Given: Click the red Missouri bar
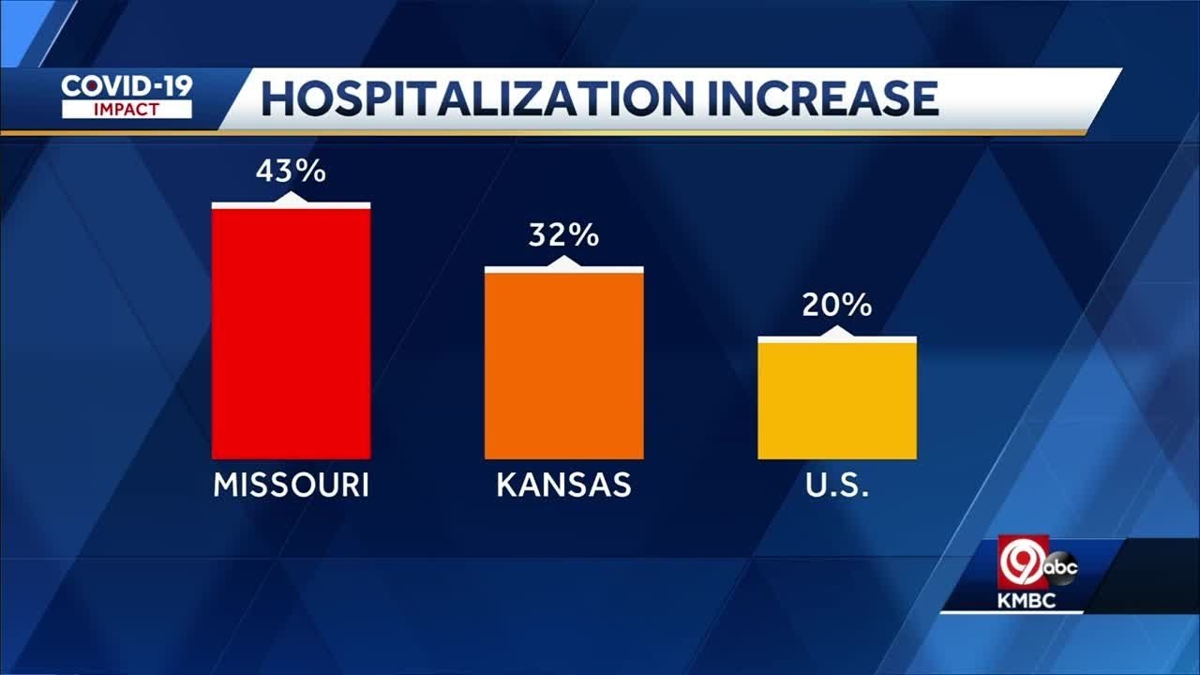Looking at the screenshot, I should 291,333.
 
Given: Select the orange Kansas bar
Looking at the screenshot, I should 563,366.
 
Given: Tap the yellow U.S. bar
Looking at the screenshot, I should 836,400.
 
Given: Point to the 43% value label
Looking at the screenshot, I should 291,172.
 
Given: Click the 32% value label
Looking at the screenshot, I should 563,235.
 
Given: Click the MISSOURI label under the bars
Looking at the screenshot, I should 291,486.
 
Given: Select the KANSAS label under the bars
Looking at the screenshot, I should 563,486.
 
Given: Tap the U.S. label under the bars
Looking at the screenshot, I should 836,486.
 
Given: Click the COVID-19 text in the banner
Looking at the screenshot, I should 127,86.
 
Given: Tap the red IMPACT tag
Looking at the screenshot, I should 127,109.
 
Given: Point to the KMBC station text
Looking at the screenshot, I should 1027,601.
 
